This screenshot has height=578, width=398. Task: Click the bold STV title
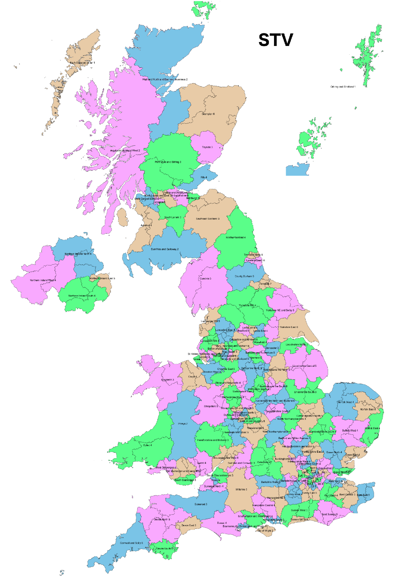click(276, 40)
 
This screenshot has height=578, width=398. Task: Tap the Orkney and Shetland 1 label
click(343, 87)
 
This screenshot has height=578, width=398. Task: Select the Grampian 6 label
click(208, 114)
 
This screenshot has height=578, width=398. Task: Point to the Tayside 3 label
click(207, 147)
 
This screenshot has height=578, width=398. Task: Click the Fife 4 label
click(204, 177)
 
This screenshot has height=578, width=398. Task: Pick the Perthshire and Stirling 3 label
click(168, 162)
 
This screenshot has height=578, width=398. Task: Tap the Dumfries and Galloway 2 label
click(165, 249)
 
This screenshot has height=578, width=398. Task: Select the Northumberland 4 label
click(236, 238)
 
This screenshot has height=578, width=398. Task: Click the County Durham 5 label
click(244, 276)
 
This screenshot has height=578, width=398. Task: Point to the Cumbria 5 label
click(205, 278)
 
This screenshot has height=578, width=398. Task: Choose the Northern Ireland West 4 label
click(43, 280)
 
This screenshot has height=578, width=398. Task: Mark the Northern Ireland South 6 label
click(82, 296)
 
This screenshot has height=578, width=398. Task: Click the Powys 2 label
click(183, 424)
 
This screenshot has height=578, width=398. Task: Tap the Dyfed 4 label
click(148, 445)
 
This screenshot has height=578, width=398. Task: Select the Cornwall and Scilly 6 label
click(131, 543)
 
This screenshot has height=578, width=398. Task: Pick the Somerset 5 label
click(201, 504)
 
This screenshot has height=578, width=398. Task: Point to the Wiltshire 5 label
click(241, 490)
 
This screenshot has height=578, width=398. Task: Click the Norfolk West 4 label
click(345, 402)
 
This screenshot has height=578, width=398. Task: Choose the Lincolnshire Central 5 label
click(304, 366)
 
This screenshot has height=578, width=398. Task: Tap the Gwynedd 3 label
click(168, 380)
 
